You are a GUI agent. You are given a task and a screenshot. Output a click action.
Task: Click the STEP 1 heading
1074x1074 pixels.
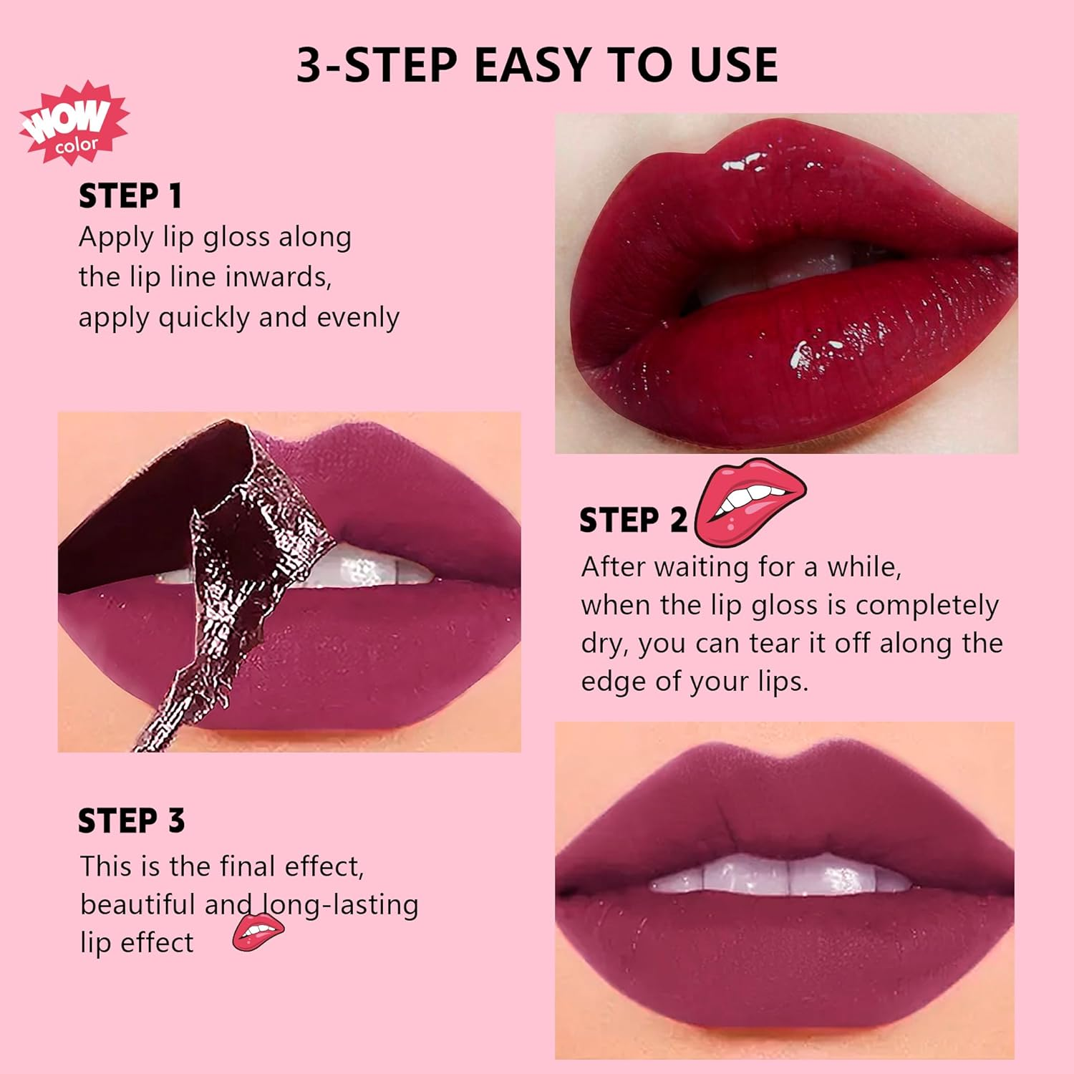point(130,196)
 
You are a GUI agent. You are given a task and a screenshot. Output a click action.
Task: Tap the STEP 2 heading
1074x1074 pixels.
point(632,521)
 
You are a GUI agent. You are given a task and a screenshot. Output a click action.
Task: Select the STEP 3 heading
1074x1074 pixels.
point(131,821)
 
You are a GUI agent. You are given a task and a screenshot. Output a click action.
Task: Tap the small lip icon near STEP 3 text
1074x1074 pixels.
point(258,932)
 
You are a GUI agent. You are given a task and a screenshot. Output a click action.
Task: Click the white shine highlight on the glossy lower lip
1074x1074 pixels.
point(816,352)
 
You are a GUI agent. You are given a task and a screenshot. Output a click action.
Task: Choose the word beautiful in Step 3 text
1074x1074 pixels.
point(137,904)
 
